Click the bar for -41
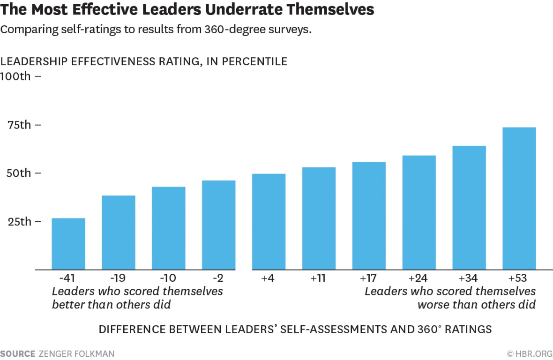68,244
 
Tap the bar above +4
269,221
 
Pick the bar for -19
119,232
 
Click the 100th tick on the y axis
21,76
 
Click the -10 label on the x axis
168,278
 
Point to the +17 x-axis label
369,278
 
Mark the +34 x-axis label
469,278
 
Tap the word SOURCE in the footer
17,353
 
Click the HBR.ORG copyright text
530,353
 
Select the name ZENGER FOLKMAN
76,353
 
